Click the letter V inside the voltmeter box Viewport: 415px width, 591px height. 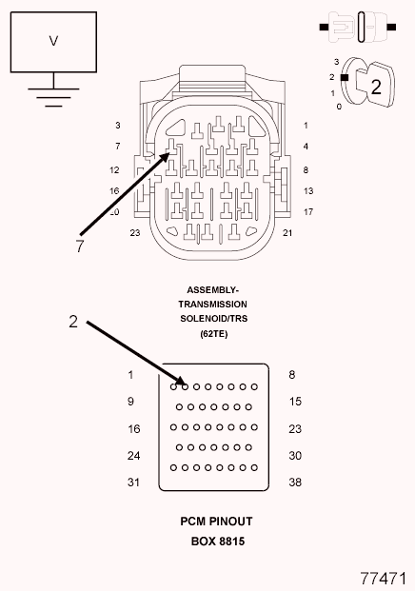tap(53, 41)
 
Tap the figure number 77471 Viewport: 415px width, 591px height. tap(384, 579)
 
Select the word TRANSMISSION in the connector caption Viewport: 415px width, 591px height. tap(212, 305)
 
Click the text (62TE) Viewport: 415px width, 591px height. tap(214, 334)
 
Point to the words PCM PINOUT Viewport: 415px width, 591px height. tap(216, 522)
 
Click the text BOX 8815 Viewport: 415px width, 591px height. tap(218, 542)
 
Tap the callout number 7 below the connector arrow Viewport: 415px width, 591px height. tap(80, 246)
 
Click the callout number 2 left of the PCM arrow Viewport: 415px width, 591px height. tap(73, 322)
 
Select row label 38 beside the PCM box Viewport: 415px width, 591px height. tap(295, 483)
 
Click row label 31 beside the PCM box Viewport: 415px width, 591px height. tap(133, 483)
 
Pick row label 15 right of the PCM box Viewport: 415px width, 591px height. tap(295, 402)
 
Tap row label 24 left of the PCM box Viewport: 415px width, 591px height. tap(133, 456)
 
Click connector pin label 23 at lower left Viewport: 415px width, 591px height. tap(135, 233)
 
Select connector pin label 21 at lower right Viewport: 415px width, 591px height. tap(287, 233)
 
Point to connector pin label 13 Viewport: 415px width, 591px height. tap(308, 191)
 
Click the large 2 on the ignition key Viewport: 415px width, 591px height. tap(376, 87)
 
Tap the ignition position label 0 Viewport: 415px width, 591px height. tap(339, 107)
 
